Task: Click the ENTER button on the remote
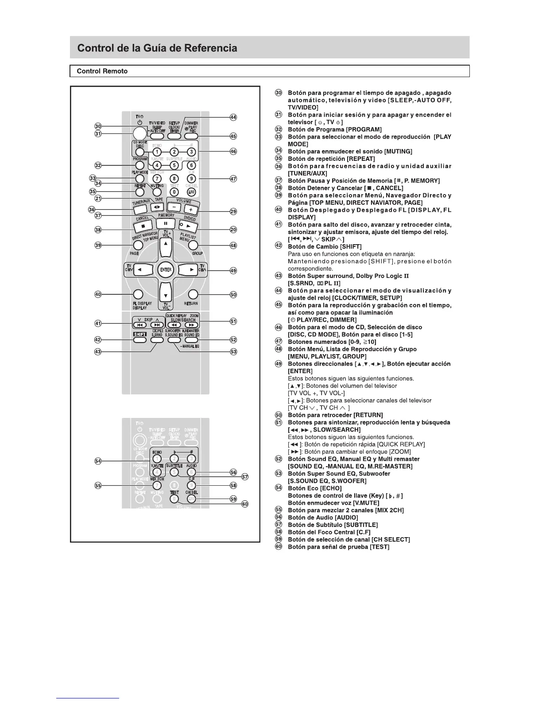[x=166, y=269]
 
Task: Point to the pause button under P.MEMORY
[x=166, y=223]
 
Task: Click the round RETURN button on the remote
[x=193, y=294]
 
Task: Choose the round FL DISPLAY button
[x=138, y=294]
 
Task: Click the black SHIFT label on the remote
[x=140, y=335]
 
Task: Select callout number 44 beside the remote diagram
[x=233, y=117]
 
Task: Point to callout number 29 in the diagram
[x=233, y=212]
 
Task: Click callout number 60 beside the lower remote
[x=245, y=504]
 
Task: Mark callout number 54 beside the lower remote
[x=98, y=461]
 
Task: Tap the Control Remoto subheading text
[x=102, y=71]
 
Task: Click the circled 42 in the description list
[x=279, y=246]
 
